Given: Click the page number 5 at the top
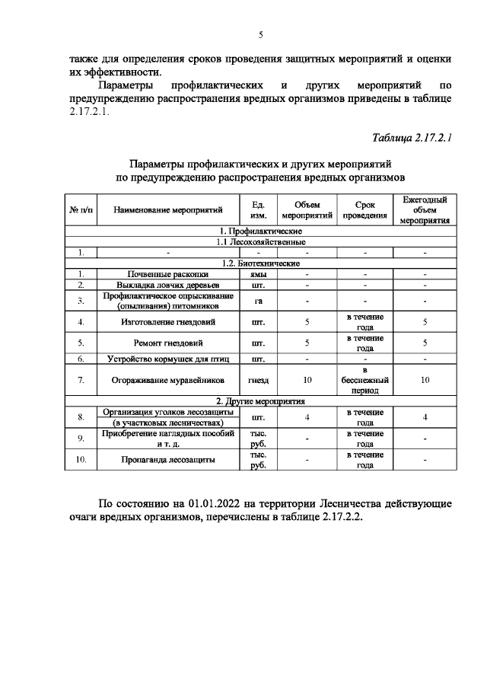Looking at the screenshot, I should point(260,34).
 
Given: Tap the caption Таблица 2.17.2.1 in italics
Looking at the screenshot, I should point(412,138).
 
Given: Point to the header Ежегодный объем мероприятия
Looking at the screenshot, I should point(425,210).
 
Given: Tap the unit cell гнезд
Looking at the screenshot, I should point(259,378).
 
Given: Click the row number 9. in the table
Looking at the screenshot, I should point(81,439).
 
